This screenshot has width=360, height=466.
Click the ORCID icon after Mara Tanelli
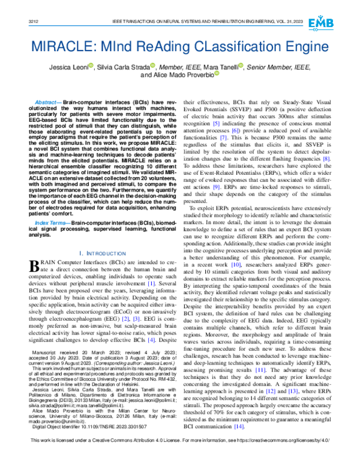tap(241, 65)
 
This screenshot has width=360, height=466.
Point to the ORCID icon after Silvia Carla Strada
tap(153, 65)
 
